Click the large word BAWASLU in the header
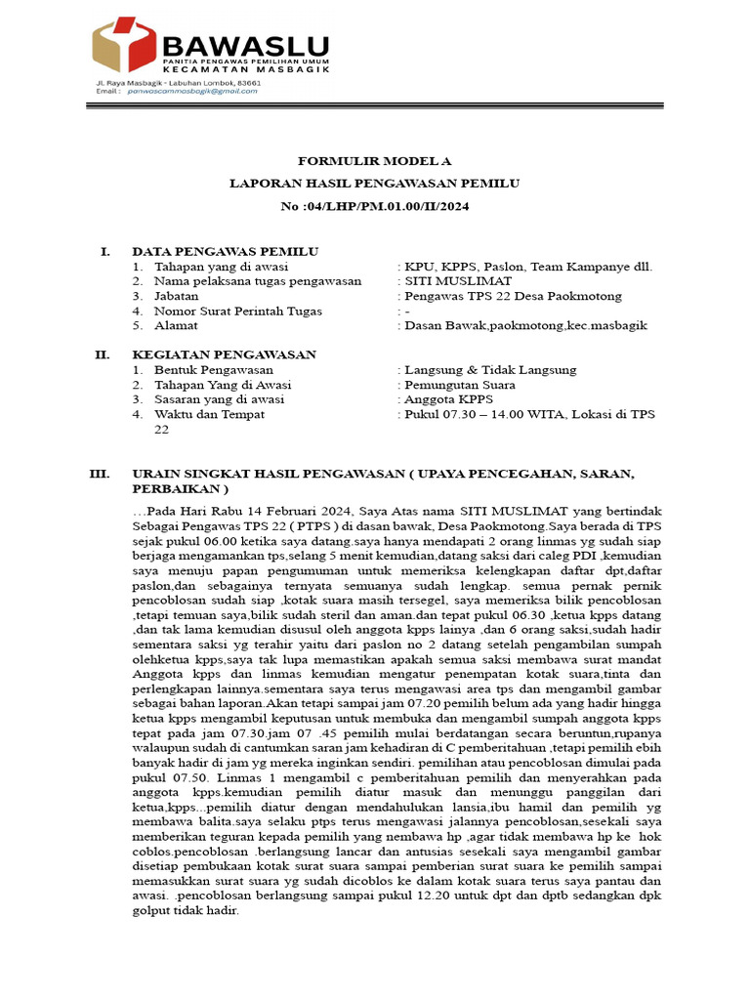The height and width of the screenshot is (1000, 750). [x=245, y=44]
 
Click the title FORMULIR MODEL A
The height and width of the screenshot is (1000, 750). [x=375, y=161]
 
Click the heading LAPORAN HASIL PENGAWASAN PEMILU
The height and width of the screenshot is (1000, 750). [x=375, y=183]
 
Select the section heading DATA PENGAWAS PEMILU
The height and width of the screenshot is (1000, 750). [x=225, y=251]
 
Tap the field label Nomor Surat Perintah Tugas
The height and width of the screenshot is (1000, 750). [x=238, y=311]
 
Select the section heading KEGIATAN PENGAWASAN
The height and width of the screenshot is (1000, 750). [x=224, y=354]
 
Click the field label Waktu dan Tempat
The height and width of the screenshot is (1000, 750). [x=211, y=414]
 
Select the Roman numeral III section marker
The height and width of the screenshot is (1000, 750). [x=100, y=474]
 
